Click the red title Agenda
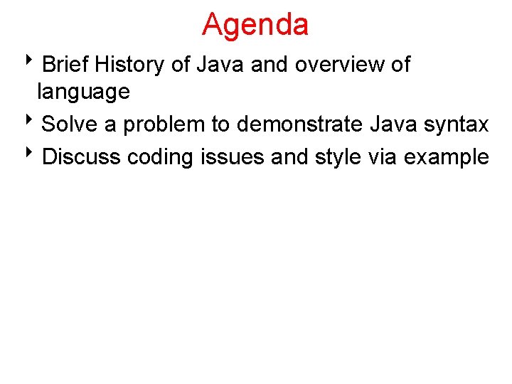[255, 24]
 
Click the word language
[83, 92]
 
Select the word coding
[160, 157]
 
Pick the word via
[385, 156]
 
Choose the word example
[447, 157]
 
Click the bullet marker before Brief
[36, 63]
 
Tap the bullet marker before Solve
[36, 122]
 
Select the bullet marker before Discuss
[36, 154]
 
